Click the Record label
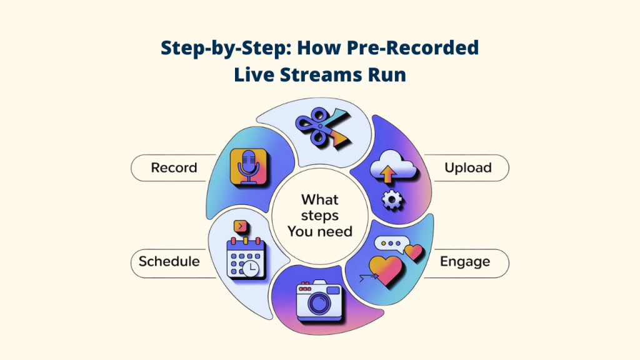pos(174,167)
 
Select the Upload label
pos(467,167)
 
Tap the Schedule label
pos(169,261)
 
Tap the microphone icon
pos(251,167)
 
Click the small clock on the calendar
pos(251,268)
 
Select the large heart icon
pos(386,269)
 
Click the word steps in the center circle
pos(320,216)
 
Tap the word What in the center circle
pos(320,200)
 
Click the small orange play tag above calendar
pos(239,226)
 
